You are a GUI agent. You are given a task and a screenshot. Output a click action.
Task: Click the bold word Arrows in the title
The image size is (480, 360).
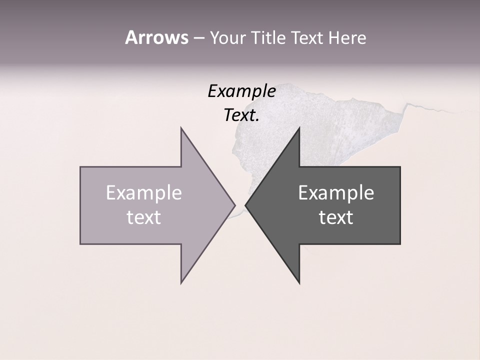pyautogui.click(x=156, y=37)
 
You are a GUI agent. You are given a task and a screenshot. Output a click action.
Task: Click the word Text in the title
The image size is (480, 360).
pyautogui.click(x=307, y=38)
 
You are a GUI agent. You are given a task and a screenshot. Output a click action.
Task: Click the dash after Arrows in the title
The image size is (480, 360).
pyautogui.click(x=198, y=38)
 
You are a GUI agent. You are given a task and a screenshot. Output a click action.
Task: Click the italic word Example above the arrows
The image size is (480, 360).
pyautogui.click(x=241, y=91)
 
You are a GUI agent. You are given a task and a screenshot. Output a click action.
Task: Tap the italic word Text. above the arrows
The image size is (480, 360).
pyautogui.click(x=241, y=115)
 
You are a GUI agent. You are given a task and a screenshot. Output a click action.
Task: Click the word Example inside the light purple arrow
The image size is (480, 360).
pyautogui.click(x=143, y=193)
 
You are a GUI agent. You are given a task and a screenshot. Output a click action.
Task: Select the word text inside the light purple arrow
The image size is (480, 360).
pyautogui.click(x=143, y=217)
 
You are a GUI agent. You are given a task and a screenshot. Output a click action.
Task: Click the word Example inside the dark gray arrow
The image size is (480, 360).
pyautogui.click(x=336, y=193)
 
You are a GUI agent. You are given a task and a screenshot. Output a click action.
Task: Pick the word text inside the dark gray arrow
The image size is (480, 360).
pyautogui.click(x=336, y=217)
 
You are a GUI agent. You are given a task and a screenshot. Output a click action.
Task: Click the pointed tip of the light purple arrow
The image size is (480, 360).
pyautogui.click(x=234, y=205)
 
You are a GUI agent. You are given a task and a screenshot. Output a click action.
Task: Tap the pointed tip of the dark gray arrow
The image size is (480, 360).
pyautogui.click(x=246, y=205)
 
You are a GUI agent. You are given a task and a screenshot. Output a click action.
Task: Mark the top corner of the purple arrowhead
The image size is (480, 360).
pyautogui.click(x=181, y=128)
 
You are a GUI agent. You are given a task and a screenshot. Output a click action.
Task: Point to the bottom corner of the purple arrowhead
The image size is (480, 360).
pyautogui.click(x=181, y=282)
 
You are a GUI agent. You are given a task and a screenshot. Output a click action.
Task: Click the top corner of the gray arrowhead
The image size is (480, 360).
pyautogui.click(x=299, y=128)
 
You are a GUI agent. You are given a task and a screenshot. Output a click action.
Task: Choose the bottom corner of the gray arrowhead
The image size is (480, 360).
pyautogui.click(x=299, y=282)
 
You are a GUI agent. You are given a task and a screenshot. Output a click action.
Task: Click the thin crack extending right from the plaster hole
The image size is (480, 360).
pyautogui.click(x=430, y=108)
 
